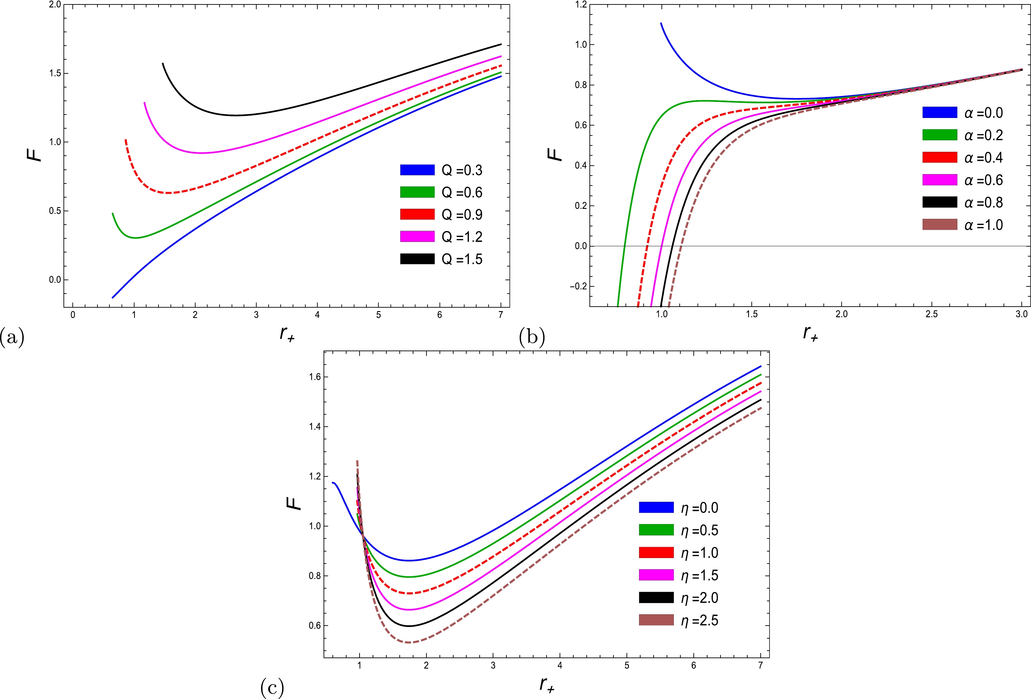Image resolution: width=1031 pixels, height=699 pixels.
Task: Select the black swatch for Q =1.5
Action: coord(417,259)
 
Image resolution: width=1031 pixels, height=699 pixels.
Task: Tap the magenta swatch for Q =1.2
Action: coord(417,236)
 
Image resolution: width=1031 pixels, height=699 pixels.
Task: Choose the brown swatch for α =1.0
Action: coord(940,224)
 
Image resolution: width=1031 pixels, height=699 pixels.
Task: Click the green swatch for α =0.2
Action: coord(940,135)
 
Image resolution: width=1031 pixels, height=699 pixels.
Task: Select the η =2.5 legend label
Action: coord(700,620)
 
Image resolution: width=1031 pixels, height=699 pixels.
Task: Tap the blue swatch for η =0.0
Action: coord(656,507)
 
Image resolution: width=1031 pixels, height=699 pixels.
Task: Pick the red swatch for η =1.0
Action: coord(656,553)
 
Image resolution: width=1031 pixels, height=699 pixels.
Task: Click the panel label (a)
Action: coord(12,337)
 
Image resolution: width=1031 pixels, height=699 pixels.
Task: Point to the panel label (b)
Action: coord(532,337)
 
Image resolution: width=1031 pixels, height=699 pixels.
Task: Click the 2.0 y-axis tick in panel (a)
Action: coord(55,4)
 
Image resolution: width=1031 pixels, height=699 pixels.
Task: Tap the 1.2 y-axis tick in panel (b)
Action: coord(581,4)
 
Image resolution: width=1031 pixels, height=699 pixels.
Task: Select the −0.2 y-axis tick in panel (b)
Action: coord(578,286)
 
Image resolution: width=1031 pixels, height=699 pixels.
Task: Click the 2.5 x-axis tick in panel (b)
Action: coord(931,315)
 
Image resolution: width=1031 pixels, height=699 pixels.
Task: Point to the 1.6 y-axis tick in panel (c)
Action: coord(315,377)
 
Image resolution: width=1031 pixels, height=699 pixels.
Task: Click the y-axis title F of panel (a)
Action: coord(35,154)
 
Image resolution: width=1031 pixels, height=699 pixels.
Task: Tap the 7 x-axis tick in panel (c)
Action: coord(760,665)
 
